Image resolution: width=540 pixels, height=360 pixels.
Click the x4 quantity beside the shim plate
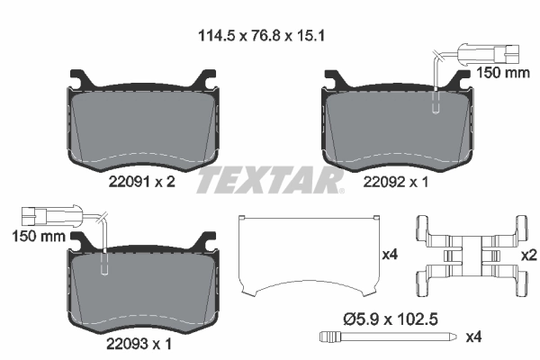click(390, 256)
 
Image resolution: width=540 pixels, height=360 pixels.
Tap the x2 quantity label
click(529, 256)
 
